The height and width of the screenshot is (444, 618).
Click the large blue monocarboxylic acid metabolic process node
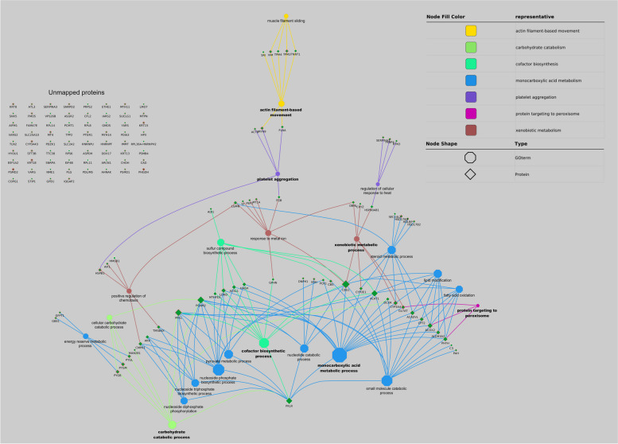pyautogui.click(x=339, y=354)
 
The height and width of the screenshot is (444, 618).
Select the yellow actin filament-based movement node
pyautogui.click(x=281, y=103)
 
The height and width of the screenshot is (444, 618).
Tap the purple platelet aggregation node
pyautogui.click(x=277, y=173)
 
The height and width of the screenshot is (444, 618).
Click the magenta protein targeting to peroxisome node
pyautogui.click(x=477, y=306)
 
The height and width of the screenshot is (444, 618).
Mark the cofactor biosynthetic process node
pyautogui.click(x=263, y=342)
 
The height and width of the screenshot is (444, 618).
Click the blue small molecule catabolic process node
pyautogui.click(x=387, y=380)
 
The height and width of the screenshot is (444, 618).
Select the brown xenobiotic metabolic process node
pyautogui.click(x=357, y=238)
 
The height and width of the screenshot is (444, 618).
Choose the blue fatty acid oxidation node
pyautogui.click(x=459, y=290)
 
